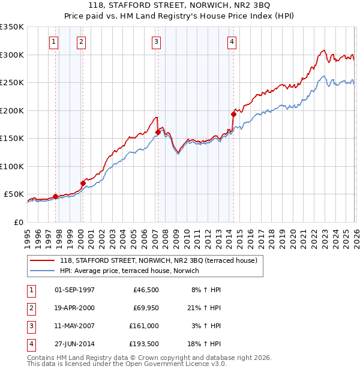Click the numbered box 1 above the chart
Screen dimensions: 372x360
[54, 42]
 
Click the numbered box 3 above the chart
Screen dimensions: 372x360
[156, 42]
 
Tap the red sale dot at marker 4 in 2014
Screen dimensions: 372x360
[233, 113]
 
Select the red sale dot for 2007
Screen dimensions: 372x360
[158, 132]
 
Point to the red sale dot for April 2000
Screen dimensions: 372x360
[83, 183]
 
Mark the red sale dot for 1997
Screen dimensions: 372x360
[55, 196]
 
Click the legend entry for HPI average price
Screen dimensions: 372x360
[133, 271]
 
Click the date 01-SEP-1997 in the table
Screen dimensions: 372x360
[74, 290]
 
